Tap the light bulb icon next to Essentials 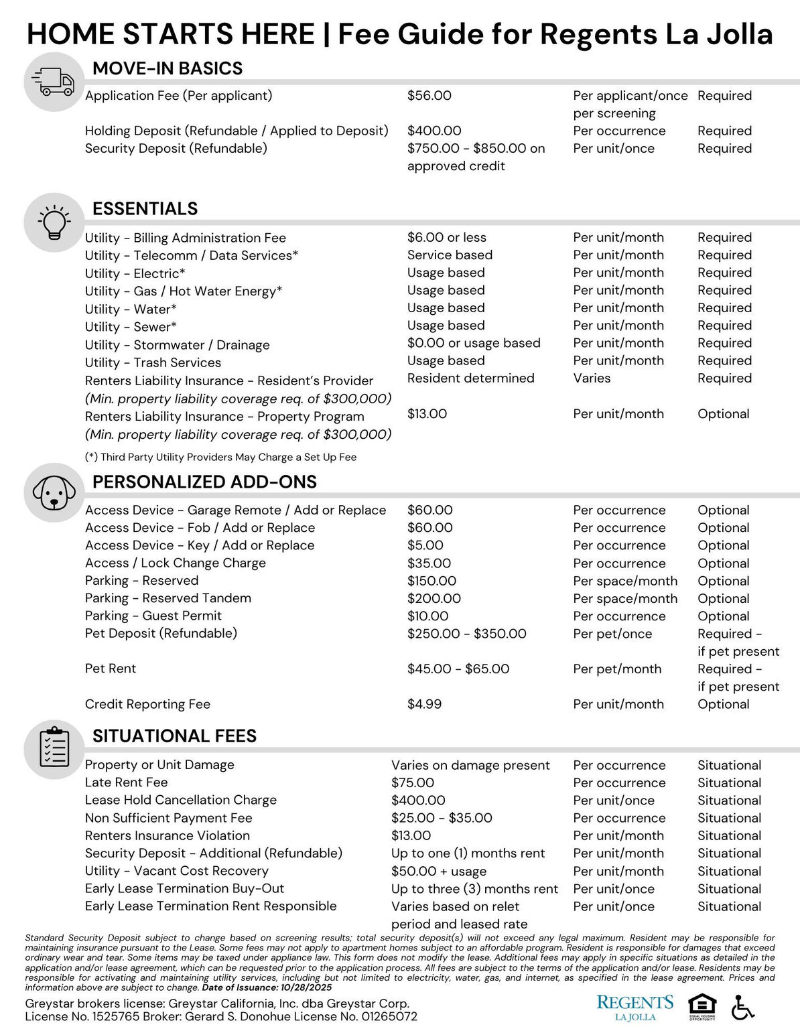click(54, 222)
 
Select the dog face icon click(54, 493)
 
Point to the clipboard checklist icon click(54, 748)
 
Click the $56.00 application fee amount click(429, 96)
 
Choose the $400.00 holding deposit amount click(434, 131)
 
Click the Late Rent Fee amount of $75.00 click(412, 782)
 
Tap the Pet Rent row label click(111, 669)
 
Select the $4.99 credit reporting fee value click(424, 704)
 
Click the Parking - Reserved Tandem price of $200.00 click(434, 598)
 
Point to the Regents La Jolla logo click(635, 1007)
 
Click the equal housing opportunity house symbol click(702, 1007)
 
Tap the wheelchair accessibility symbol click(742, 1007)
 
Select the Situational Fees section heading click(174, 736)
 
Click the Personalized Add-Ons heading click(204, 482)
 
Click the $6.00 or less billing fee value click(446, 237)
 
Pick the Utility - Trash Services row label click(153, 362)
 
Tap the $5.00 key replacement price click(425, 545)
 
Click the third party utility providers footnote click(220, 457)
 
